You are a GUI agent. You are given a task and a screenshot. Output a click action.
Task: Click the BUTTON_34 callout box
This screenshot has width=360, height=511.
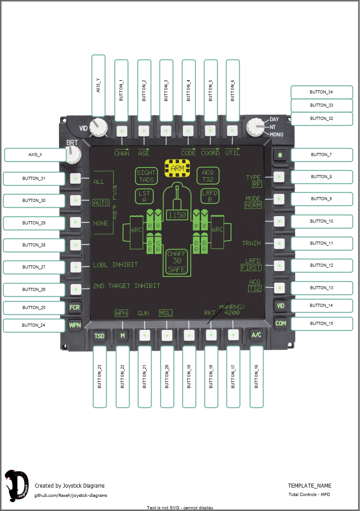coord(322,92)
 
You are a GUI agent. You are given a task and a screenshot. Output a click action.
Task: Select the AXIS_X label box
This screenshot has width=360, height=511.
coord(35,155)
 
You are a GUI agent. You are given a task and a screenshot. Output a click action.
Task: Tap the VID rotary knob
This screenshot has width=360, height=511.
coord(98,127)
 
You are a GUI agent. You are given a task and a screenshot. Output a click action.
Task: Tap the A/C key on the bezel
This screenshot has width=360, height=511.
coord(256,335)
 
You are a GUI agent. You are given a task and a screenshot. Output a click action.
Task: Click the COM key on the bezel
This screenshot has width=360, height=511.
coord(280,323)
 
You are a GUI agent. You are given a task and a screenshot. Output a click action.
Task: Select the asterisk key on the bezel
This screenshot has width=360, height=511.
coord(279,155)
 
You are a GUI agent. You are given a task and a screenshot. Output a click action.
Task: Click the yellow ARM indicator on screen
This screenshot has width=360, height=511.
coord(177,168)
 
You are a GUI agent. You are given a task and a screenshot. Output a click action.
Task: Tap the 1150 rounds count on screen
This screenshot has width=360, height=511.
coord(177,215)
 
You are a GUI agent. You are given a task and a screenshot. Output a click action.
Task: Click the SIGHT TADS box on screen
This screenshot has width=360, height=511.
coord(146,176)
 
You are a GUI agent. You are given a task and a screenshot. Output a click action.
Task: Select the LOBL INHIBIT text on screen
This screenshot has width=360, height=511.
coord(115,265)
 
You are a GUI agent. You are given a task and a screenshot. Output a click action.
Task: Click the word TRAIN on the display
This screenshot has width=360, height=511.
coord(251,243)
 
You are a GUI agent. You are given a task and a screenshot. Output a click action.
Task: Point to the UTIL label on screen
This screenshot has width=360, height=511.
coord(232,153)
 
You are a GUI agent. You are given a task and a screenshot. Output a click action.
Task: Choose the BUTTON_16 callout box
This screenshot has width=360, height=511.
coord(256,377)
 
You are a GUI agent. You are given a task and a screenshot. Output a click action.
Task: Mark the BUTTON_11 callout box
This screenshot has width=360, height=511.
coord(322,243)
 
